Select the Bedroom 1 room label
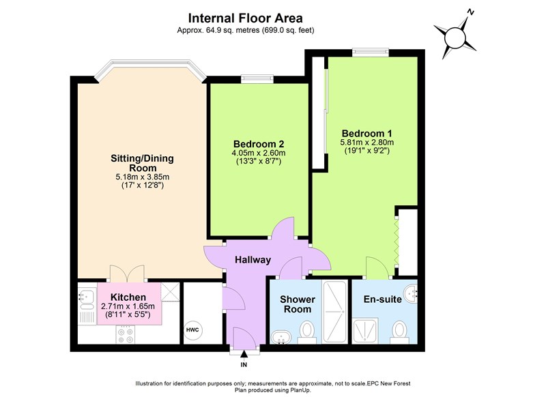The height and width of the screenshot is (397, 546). point(367,132)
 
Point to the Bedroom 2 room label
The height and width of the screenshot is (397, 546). point(259,144)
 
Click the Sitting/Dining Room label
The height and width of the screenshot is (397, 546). point(143,163)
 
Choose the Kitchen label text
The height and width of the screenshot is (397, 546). point(128,297)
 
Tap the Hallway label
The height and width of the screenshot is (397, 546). point(253,260)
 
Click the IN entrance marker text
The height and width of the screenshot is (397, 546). point(244,365)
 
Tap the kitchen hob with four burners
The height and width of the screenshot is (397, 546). point(126,335)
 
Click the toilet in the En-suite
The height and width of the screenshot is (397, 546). point(400,331)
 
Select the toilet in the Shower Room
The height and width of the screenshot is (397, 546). point(307,332)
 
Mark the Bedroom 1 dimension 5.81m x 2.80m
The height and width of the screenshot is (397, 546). point(367,142)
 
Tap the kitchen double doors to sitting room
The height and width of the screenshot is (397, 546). point(128,274)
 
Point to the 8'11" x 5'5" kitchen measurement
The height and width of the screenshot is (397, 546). point(128,316)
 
